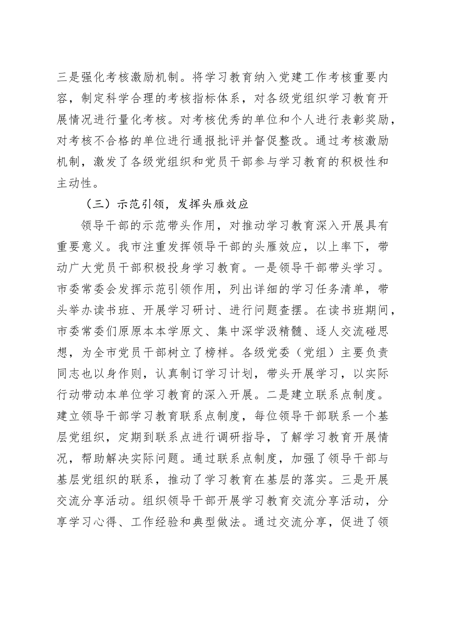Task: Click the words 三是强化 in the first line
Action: [82, 76]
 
